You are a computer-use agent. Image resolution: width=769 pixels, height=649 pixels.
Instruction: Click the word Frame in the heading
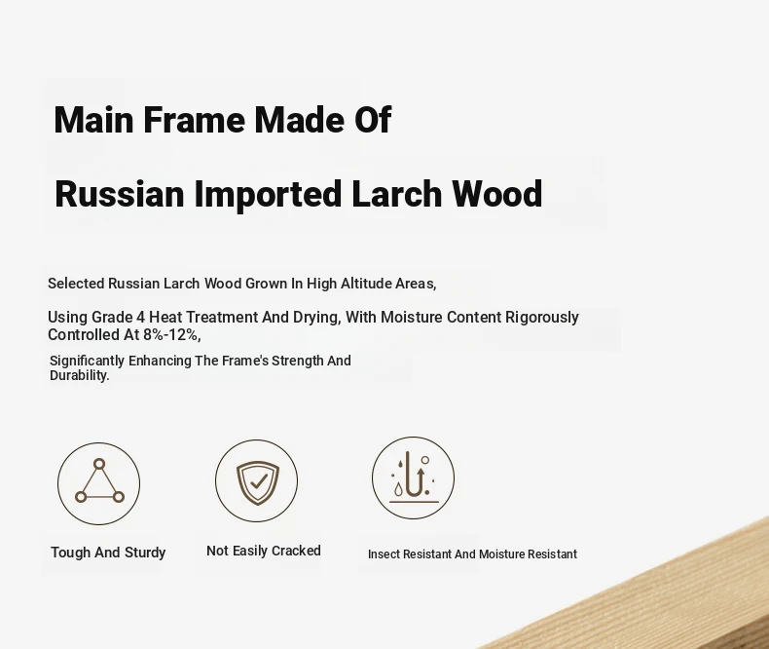[194, 119]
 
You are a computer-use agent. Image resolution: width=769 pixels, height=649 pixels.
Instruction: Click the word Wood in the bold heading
[496, 193]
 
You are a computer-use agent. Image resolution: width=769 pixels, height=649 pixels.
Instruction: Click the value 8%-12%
[171, 335]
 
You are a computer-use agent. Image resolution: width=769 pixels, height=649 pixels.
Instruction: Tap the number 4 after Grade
[140, 317]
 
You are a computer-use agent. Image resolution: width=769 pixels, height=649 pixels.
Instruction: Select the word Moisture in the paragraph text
[412, 317]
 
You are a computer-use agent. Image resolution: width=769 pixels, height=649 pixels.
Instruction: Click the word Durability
[80, 375]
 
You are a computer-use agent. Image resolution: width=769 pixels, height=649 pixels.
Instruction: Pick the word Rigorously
[542, 318]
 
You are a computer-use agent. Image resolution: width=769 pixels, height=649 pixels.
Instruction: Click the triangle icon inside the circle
[99, 481]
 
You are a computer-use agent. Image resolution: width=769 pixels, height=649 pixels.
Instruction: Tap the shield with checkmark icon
[258, 482]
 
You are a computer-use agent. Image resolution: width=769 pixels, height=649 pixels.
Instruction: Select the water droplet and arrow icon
[414, 477]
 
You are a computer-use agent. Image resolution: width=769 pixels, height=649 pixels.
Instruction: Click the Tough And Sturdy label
[108, 553]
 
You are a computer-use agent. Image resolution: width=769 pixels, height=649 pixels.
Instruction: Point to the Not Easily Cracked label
[264, 551]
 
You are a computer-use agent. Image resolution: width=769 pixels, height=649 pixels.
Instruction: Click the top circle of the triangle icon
[99, 464]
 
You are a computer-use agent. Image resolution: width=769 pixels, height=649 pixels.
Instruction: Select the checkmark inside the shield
[259, 481]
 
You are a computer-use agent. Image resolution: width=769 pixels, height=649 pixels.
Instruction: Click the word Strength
[298, 361]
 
